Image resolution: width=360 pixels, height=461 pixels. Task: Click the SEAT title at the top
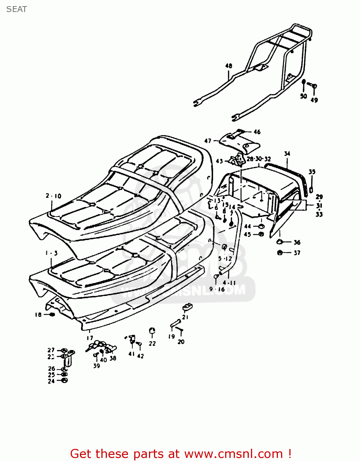click(x=17, y=9)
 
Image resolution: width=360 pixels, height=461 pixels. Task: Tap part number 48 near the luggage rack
click(x=229, y=66)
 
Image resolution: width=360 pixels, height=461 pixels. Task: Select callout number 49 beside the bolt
click(x=314, y=100)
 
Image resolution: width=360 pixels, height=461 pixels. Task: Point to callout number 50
click(x=303, y=96)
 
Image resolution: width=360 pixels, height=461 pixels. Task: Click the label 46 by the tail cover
click(x=257, y=132)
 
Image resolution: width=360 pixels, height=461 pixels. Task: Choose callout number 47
click(x=208, y=141)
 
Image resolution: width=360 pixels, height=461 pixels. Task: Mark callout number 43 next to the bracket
click(x=219, y=161)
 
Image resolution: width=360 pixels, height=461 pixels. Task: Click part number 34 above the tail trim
click(x=287, y=153)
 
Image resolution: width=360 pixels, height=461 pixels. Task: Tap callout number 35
click(x=312, y=172)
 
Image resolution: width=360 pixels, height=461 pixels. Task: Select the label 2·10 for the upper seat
click(x=53, y=196)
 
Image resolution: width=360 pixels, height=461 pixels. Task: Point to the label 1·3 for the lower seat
click(x=51, y=253)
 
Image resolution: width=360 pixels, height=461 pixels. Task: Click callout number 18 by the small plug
click(x=38, y=314)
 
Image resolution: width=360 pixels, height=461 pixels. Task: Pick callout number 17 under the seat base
click(x=89, y=338)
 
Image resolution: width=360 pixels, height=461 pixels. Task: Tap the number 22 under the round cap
click(x=152, y=343)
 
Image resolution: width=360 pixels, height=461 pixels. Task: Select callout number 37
click(x=297, y=253)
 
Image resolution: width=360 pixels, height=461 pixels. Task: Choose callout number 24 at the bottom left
click(x=51, y=381)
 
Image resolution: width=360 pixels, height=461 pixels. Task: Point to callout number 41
click(x=131, y=354)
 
